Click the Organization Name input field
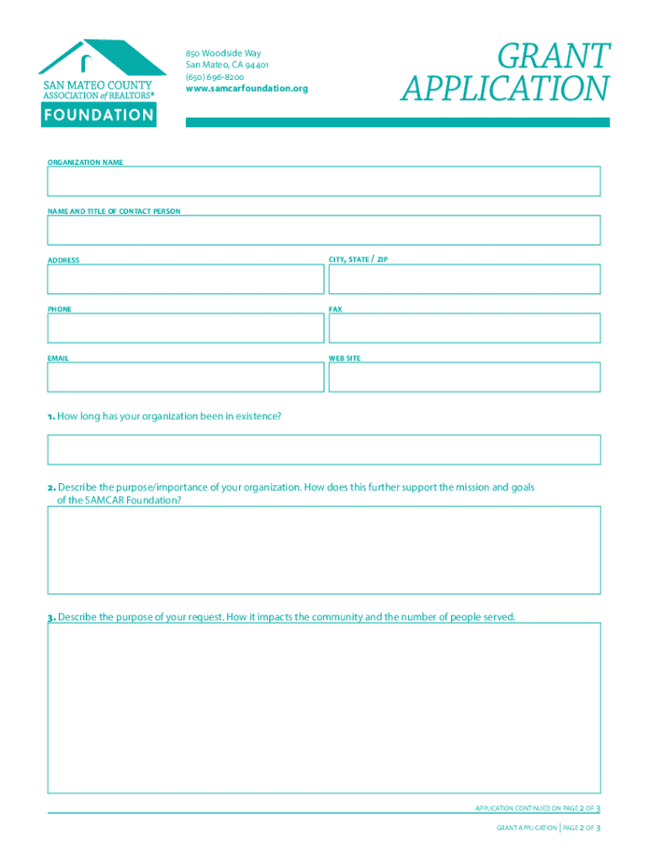click(324, 181)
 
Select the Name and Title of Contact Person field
click(324, 230)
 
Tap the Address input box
click(185, 279)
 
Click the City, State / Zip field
click(465, 279)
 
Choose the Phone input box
click(185, 328)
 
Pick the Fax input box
click(465, 328)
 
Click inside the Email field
click(185, 377)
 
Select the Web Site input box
click(465, 377)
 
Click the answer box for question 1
click(324, 450)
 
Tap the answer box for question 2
click(324, 551)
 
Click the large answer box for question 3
click(324, 707)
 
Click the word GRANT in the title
click(553, 57)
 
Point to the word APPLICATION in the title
click(505, 88)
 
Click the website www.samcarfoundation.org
click(247, 88)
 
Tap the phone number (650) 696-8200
click(215, 77)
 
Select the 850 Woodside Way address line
click(223, 53)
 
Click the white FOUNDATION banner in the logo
click(98, 115)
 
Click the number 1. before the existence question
click(51, 416)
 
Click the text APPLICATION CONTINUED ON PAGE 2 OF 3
click(537, 808)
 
